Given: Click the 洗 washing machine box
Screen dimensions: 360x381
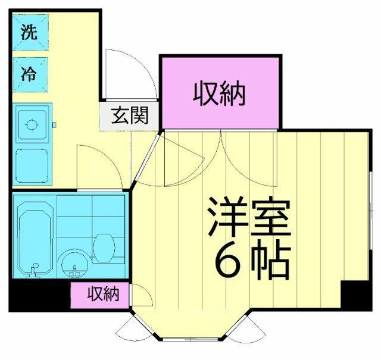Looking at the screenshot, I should (29, 33).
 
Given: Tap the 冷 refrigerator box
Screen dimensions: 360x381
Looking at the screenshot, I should (29, 75).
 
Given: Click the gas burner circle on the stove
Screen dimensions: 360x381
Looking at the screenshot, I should (32, 125).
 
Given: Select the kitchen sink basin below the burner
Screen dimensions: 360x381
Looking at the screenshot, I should (32, 166).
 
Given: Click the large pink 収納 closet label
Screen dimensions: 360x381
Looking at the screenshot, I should (220, 93).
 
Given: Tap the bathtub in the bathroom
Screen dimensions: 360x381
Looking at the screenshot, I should (35, 238).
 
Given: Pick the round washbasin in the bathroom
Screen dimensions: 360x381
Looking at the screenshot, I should (74, 262).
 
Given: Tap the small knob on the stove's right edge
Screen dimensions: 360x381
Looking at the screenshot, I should (54, 125).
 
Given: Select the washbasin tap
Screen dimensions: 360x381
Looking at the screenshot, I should (74, 271).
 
